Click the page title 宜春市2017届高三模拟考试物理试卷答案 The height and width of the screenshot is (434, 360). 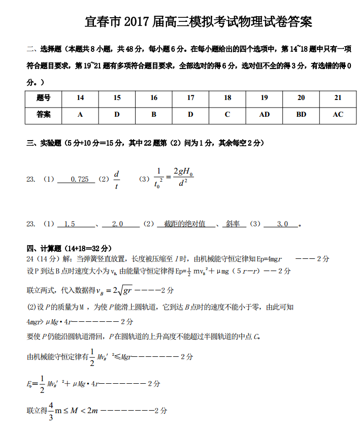198,21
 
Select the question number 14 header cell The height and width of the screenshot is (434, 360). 80,98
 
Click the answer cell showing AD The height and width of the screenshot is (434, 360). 264,115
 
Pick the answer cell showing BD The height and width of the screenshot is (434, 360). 301,115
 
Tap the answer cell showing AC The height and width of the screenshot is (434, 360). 338,115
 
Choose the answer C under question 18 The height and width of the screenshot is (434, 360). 227,115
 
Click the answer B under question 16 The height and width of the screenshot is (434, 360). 154,115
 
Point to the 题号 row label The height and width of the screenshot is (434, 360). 44,98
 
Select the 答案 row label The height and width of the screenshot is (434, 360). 44,115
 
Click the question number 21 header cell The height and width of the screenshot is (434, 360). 338,98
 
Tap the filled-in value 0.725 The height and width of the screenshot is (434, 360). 80,179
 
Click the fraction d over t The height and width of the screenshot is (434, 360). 117,180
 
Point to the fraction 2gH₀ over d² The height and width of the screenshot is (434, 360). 183,177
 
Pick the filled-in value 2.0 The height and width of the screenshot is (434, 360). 117,224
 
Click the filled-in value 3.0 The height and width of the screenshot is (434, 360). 283,224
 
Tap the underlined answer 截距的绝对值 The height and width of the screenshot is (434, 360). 185,224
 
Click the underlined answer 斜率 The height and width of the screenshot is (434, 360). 233,224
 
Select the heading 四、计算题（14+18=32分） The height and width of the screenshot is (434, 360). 69,248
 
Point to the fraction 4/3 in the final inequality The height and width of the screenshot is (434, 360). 51,411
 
